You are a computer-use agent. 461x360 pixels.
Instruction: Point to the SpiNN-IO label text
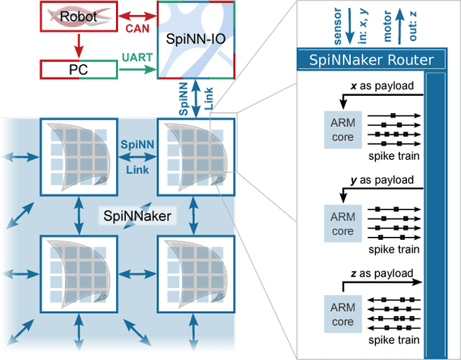click(195, 38)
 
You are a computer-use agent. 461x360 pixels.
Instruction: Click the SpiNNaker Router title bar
click(372, 60)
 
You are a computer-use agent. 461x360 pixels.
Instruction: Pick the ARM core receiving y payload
click(342, 224)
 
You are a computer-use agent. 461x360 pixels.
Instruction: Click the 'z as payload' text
click(381, 274)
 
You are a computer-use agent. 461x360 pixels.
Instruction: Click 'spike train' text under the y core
click(393, 248)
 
